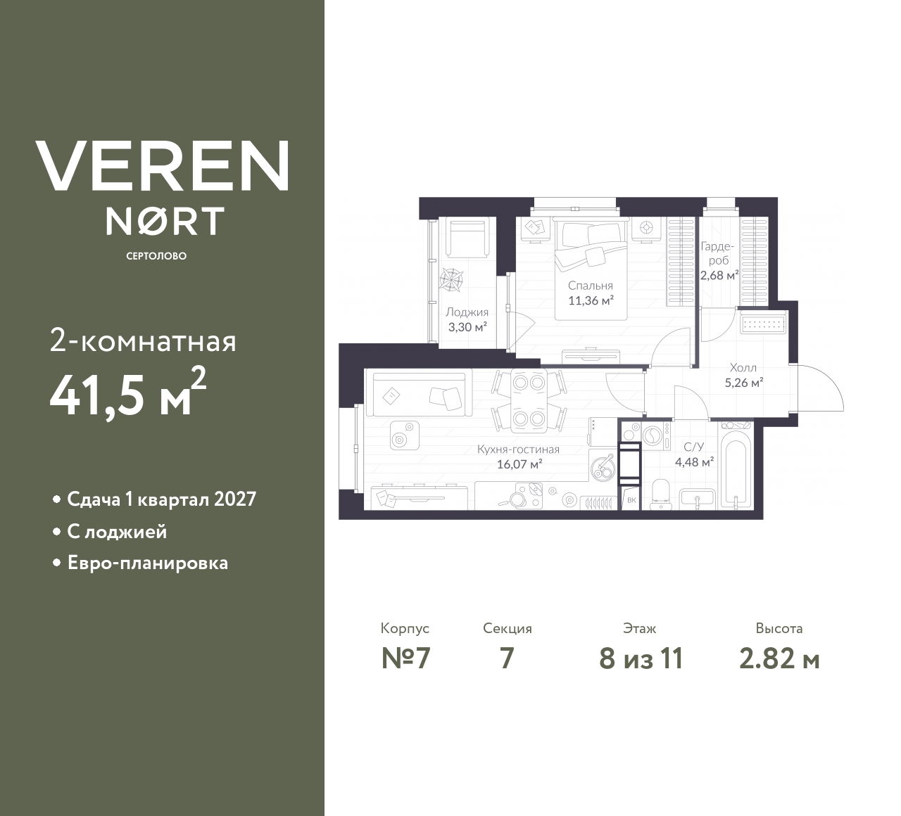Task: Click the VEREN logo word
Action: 162,165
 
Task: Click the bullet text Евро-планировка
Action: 147,563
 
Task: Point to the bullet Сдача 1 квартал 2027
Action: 161,499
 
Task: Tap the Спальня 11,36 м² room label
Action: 591,293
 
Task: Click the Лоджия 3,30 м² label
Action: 467,319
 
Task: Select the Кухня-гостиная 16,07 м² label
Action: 518,457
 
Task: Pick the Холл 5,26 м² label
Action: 743,376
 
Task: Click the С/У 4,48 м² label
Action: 694,454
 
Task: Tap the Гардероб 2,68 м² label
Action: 718,260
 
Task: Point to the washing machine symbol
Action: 653,437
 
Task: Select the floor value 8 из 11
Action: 641,659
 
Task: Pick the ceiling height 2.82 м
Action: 779,659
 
